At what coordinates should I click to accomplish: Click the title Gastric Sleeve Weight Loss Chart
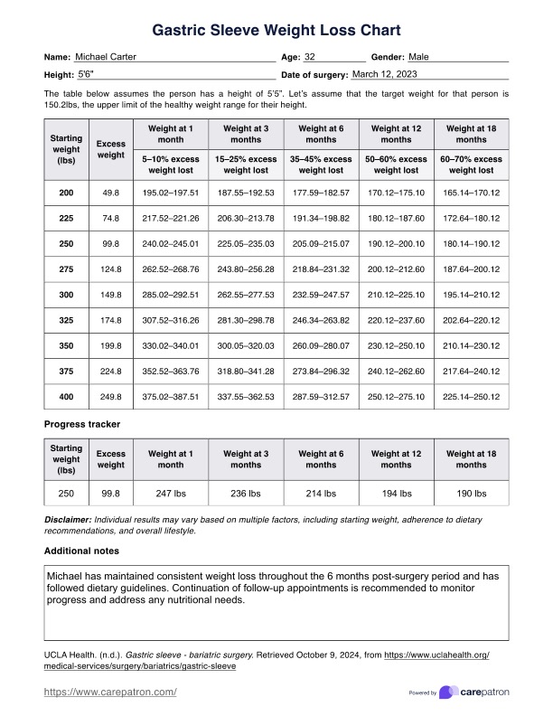point(276,32)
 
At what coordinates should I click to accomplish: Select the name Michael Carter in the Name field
point(106,57)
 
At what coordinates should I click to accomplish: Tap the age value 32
point(310,57)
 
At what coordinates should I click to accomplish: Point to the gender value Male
point(419,57)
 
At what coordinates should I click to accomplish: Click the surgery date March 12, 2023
point(386,73)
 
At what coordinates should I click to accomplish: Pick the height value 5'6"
point(86,74)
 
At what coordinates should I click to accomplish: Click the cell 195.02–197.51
point(171,193)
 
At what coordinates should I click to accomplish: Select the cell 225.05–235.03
point(246,243)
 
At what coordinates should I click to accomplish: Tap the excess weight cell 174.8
point(110,295)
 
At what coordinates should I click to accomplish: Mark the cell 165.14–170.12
point(471,193)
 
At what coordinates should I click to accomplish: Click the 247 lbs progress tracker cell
point(171,494)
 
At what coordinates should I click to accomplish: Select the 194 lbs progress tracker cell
point(396,494)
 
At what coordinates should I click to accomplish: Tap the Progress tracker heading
point(83,423)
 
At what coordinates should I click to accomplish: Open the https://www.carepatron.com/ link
point(110,692)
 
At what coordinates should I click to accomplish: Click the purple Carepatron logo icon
point(446,692)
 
